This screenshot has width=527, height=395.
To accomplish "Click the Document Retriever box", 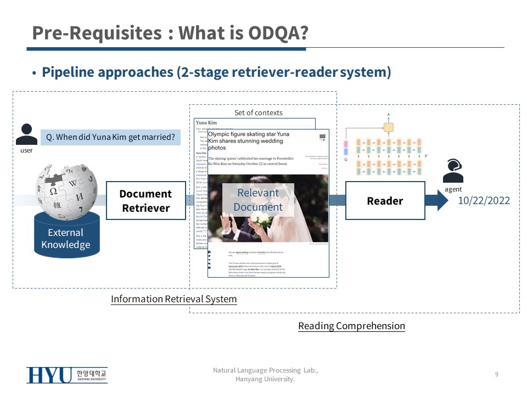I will point(145,201).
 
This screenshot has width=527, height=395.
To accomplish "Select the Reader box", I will point(385,201).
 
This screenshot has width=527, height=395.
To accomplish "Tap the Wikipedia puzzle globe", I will point(65,187).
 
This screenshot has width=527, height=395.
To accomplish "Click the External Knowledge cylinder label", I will point(65,239).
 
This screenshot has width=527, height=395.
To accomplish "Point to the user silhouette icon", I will point(26,134).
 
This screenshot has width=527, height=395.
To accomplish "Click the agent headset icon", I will point(453,171).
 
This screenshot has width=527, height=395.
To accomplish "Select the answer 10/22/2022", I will point(484,201).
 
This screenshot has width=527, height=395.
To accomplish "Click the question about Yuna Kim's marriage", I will point(111,137).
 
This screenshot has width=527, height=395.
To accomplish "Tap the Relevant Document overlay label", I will point(258,200).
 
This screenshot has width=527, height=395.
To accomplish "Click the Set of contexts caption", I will point(259,112).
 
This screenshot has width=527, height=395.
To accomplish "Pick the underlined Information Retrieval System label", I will point(173,299).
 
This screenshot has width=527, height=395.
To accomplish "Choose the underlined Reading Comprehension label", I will point(351,326).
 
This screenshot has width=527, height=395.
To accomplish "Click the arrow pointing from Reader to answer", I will point(437,201).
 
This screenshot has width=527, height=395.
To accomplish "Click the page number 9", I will point(496,374).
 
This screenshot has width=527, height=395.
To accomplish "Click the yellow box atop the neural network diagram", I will point(389,128).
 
